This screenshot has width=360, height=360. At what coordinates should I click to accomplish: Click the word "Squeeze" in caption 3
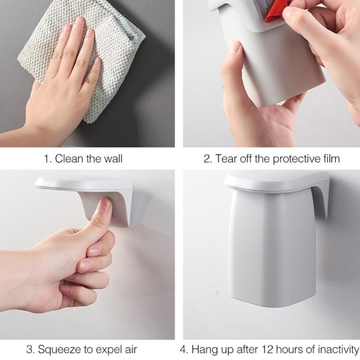point(58,349)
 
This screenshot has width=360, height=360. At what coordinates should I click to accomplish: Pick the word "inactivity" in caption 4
point(338,349)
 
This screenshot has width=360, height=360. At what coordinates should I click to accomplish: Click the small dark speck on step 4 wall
point(217,292)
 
